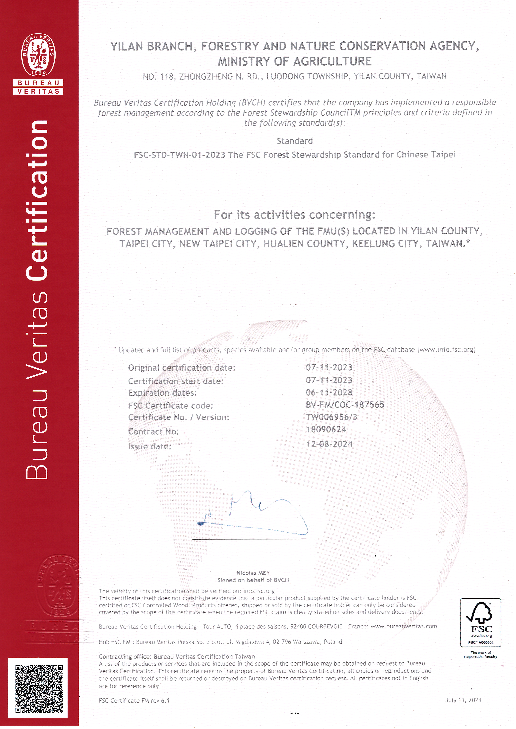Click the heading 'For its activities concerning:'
pyautogui.click(x=295, y=215)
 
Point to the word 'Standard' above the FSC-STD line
pyautogui.click(x=295, y=141)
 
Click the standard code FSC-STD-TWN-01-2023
pyautogui.click(x=180, y=155)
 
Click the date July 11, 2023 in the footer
pyautogui.click(x=463, y=700)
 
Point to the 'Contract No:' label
pyautogui.click(x=153, y=432)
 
